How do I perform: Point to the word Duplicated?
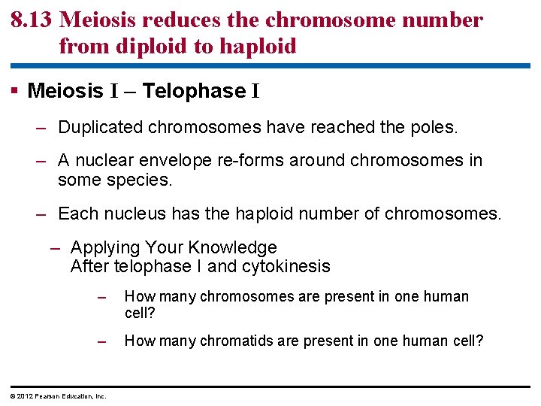101,127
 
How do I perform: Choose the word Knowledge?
232,247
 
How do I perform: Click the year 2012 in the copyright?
25,396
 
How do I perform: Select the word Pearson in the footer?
47,396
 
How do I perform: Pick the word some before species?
79,180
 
